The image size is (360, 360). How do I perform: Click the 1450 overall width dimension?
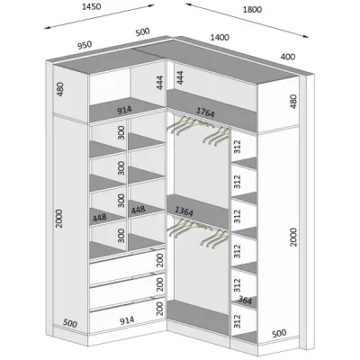(92, 6)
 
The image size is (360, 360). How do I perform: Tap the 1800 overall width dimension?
(252, 10)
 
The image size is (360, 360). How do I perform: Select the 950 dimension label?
(85, 45)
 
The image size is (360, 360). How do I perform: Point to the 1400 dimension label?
(220, 38)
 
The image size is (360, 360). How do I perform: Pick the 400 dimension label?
(288, 57)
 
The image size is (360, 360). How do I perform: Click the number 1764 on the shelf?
(205, 112)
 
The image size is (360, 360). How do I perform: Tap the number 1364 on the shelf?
(184, 211)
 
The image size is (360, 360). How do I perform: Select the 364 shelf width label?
(245, 300)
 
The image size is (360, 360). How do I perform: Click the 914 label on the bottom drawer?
(127, 321)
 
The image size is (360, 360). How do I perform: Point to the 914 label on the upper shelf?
(124, 110)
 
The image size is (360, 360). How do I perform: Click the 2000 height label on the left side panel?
(59, 219)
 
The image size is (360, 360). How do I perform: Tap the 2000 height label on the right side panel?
(293, 237)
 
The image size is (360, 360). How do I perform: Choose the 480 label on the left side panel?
(60, 89)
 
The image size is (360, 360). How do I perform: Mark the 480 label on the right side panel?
(293, 102)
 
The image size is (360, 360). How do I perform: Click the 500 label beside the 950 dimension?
(142, 31)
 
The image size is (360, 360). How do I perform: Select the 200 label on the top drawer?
(160, 260)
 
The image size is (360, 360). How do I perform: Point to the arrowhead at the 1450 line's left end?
(48, 28)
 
